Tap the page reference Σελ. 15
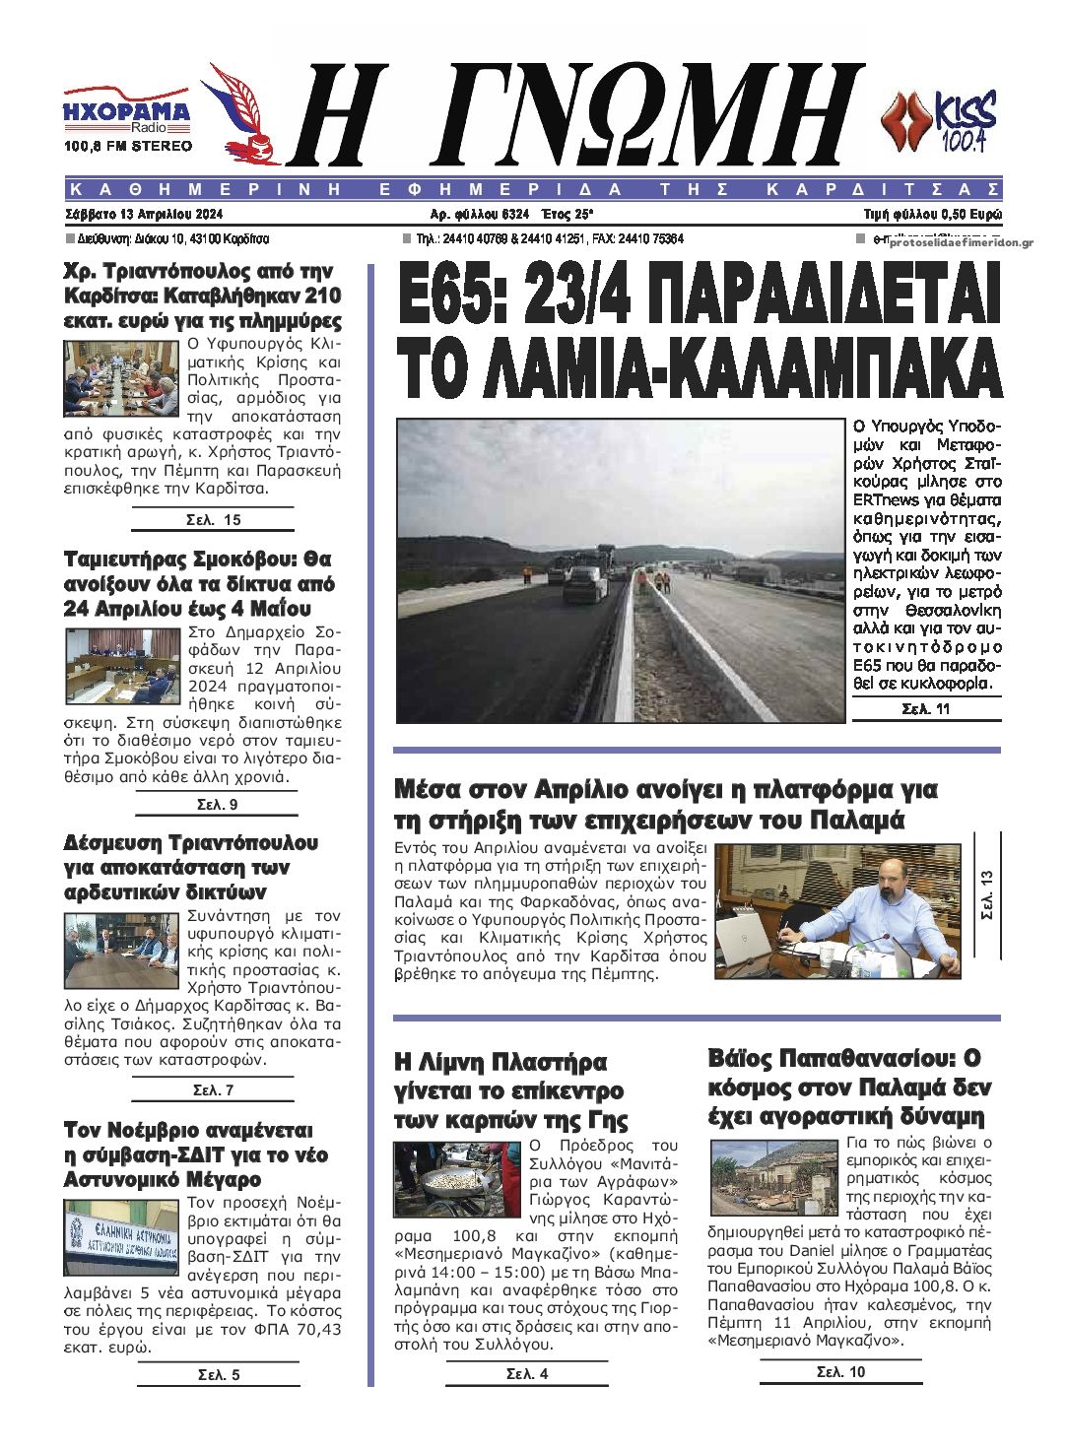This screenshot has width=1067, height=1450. [213, 519]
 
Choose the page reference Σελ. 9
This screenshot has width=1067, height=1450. [217, 804]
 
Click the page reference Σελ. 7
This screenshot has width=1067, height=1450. [213, 1089]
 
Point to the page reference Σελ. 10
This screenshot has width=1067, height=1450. [840, 1371]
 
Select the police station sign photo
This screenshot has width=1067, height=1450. [121, 1236]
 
